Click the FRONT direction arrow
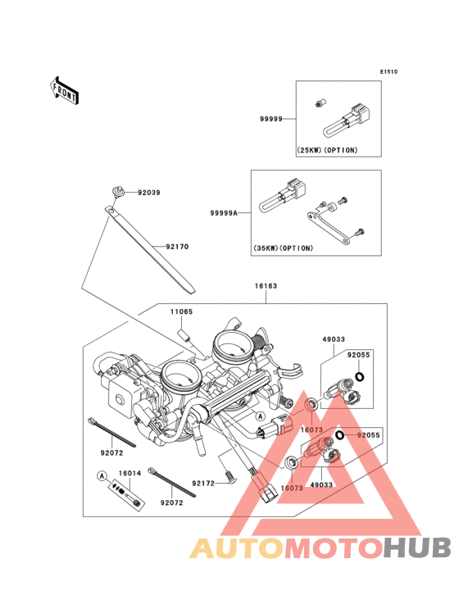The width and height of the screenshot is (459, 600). pos(64,90)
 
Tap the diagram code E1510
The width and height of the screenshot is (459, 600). pos(389,71)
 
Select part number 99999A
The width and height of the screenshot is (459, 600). pos(224,213)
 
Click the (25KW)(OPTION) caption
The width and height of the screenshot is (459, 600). pos(327,150)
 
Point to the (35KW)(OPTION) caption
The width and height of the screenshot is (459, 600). pos(283,248)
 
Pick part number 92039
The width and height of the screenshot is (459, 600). pos(149,193)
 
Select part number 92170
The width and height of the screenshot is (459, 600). pos(177,247)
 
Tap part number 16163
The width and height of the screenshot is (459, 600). pos(266,286)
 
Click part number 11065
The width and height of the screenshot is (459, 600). pos(182,311)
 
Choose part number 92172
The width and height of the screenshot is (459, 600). pos(203,484)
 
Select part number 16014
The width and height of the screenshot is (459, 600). pos(130,473)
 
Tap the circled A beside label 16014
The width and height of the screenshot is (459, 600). pos(102,476)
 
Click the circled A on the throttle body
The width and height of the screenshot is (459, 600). pos(260,416)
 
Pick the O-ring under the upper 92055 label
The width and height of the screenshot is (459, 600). pos(360,377)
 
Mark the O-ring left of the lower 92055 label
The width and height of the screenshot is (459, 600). pos(339,435)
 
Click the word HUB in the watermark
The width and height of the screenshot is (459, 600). pos(417,548)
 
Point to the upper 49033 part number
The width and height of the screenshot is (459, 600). pos(334,339)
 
